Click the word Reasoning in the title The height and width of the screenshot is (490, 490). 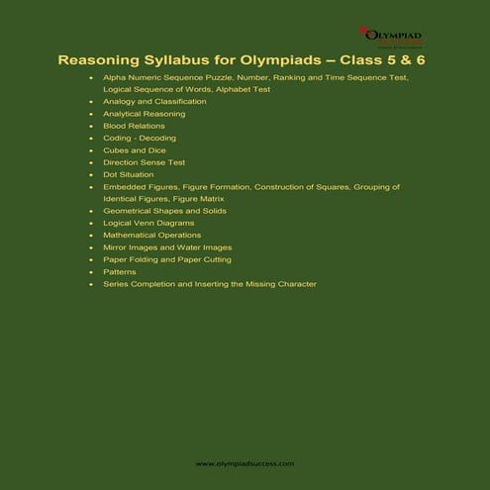click(x=98, y=59)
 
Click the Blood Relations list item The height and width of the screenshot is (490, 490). click(x=132, y=126)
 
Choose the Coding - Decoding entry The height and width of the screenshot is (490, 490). click(x=139, y=138)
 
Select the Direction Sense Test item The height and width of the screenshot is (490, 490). click(x=144, y=161)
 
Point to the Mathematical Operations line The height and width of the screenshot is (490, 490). click(x=151, y=235)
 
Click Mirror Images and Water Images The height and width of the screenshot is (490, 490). click(x=166, y=247)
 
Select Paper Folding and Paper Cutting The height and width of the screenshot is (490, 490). click(x=166, y=259)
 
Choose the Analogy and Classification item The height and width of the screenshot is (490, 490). click(x=154, y=101)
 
